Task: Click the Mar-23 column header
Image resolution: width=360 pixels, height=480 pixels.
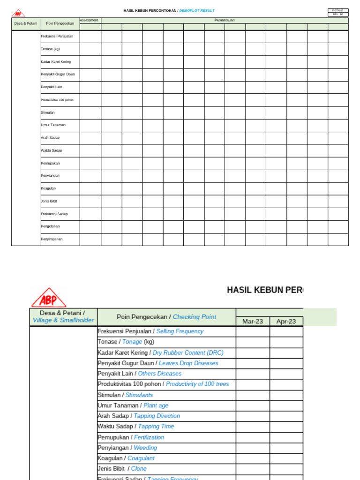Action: (253, 322)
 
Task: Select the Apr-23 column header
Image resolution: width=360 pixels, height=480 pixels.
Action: (286, 322)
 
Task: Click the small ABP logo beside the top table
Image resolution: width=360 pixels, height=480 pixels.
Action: (18, 13)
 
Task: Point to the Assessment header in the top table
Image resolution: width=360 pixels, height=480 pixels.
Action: (89, 20)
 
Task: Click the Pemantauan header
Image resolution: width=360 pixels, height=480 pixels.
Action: (225, 20)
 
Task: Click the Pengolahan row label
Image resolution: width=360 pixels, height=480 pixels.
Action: (51, 226)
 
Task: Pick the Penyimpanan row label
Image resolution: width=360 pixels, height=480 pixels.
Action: (52, 239)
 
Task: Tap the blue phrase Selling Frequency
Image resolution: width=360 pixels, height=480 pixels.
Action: (180, 331)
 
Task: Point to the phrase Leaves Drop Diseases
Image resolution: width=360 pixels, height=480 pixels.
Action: (188, 363)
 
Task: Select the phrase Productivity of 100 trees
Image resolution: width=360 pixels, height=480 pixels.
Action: (197, 384)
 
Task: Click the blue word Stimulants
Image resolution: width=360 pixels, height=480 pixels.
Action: (139, 395)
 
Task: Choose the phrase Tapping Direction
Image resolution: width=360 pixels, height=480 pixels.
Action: (157, 416)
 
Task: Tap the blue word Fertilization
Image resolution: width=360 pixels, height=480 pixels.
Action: (149, 437)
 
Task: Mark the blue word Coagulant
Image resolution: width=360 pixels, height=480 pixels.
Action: (141, 458)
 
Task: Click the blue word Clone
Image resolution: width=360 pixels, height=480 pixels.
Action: (139, 469)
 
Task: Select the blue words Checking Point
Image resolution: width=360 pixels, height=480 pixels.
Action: (195, 317)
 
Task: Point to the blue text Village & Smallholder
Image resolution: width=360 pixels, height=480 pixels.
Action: (63, 321)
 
